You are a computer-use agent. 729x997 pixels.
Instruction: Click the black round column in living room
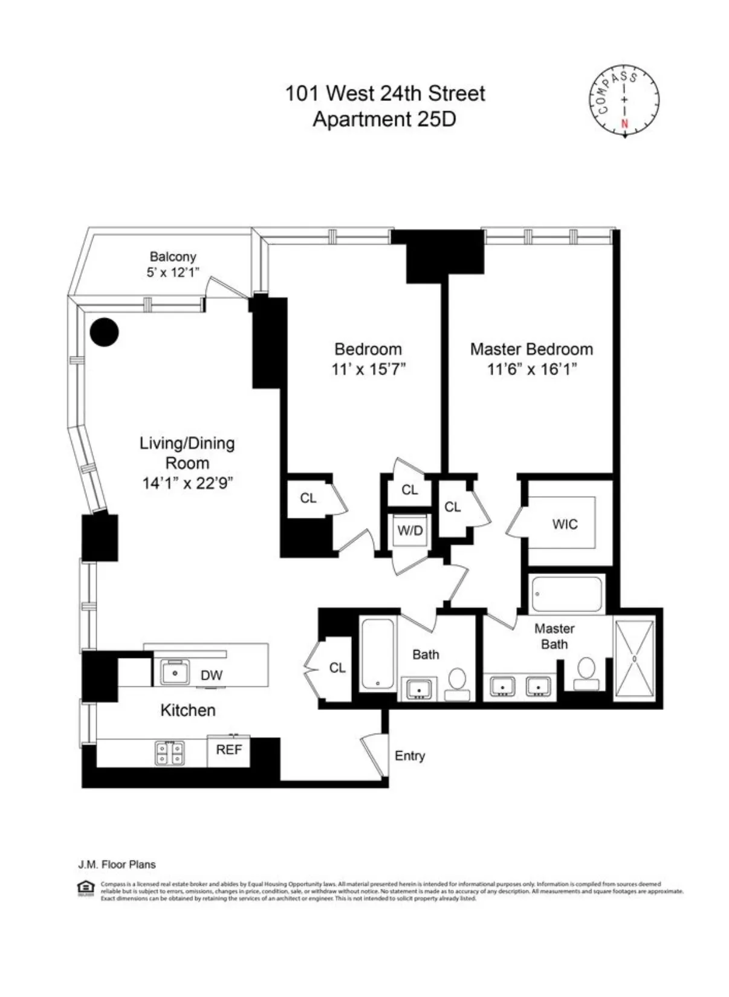point(104,332)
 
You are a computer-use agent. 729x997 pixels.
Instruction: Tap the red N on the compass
point(624,124)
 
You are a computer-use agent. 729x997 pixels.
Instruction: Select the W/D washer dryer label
point(410,531)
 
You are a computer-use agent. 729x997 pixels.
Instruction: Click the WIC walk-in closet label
point(565,524)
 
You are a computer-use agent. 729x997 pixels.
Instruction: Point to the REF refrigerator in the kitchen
point(228,750)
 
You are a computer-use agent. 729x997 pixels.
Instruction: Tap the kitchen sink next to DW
point(175,673)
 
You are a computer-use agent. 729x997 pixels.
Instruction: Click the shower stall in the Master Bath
point(634,659)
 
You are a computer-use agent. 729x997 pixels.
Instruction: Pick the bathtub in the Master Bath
point(566,593)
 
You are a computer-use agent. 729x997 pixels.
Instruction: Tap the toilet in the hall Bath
point(458,683)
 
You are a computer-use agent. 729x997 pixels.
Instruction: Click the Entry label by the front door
point(409,756)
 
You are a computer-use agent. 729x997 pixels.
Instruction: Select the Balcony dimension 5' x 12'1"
point(173,273)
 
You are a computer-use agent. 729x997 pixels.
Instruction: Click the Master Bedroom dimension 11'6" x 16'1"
point(531,369)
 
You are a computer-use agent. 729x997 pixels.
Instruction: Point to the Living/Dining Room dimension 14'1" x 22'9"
point(187,483)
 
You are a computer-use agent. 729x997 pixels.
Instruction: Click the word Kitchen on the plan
point(187,710)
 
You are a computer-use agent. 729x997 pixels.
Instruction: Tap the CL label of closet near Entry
point(337,668)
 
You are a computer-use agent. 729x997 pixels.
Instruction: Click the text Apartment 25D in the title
point(384,119)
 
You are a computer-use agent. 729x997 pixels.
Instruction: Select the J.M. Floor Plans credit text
point(117,865)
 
